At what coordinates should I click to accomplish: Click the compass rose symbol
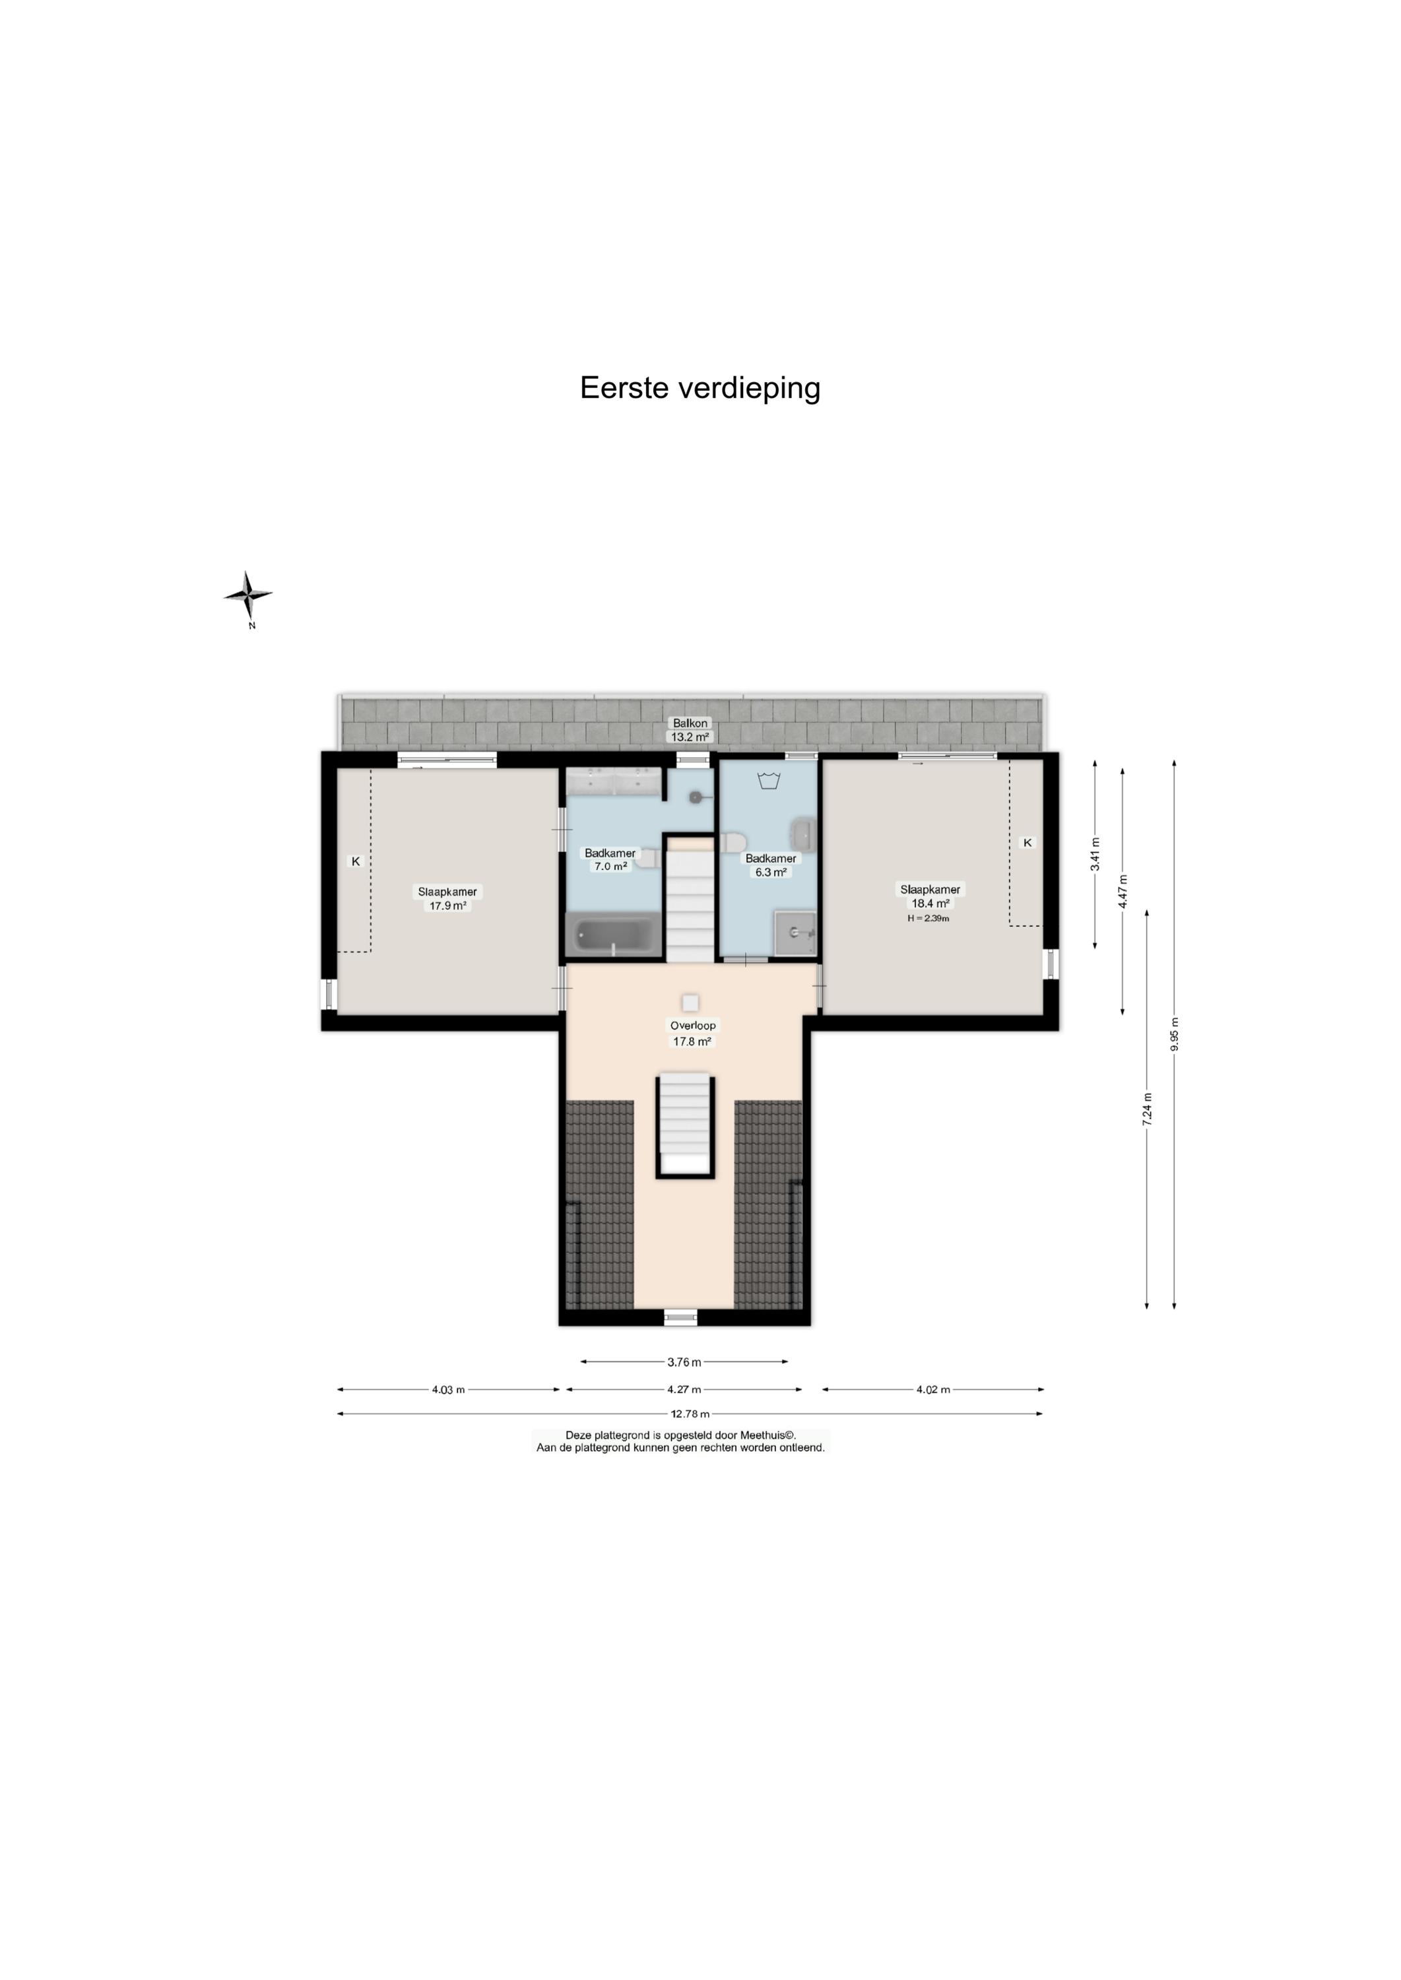click(x=248, y=595)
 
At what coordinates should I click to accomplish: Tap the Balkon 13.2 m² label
click(x=690, y=730)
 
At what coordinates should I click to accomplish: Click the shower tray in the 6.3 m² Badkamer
click(x=795, y=933)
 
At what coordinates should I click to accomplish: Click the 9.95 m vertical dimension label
click(x=1174, y=1034)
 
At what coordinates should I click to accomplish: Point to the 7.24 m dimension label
click(x=1146, y=1109)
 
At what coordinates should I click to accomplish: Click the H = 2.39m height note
click(x=929, y=919)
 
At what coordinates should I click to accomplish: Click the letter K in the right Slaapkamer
click(x=1027, y=842)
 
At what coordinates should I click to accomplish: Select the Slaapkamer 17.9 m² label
click(x=447, y=899)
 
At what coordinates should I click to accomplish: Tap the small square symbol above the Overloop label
click(x=690, y=1003)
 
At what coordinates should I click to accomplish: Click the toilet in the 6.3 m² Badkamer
click(x=733, y=842)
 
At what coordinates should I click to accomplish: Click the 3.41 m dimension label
click(x=1095, y=854)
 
